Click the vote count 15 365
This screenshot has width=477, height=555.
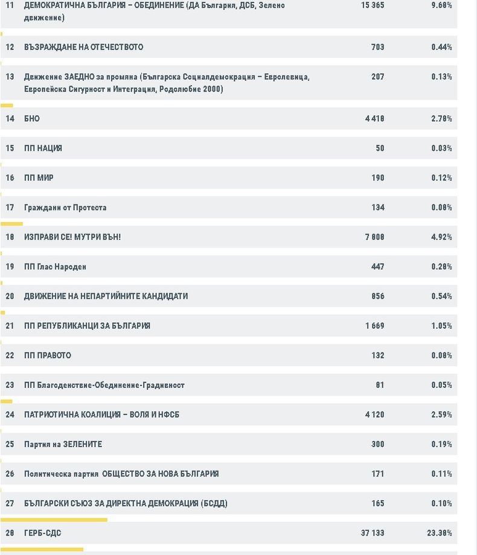(x=372, y=5)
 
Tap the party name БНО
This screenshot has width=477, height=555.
(x=32, y=118)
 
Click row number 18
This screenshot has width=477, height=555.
(x=10, y=237)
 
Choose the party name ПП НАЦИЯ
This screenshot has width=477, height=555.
(x=43, y=148)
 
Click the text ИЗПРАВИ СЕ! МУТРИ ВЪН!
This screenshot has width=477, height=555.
(x=72, y=237)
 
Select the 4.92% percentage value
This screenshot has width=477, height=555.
(x=441, y=237)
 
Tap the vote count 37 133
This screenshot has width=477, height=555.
(x=372, y=533)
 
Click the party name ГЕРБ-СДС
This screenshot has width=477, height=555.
(x=42, y=533)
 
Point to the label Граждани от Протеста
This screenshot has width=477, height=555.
(x=65, y=208)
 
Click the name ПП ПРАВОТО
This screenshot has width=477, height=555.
(x=48, y=355)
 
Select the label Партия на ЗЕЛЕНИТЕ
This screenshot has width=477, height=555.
(x=63, y=444)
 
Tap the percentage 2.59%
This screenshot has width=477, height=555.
(x=441, y=414)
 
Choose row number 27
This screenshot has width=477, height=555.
(x=10, y=503)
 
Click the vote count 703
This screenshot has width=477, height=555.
(x=377, y=47)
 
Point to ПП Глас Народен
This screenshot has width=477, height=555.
(x=55, y=267)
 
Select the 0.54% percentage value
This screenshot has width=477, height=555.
(x=441, y=296)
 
